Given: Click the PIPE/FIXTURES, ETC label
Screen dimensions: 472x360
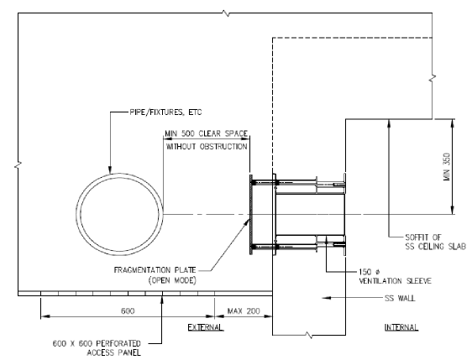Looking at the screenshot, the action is tap(165, 112).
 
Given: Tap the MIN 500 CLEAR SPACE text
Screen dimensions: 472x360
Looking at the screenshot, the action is tap(207, 133).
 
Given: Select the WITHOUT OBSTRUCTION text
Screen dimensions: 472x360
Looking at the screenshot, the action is tap(207, 147).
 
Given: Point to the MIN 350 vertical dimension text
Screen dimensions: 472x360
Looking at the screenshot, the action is tap(447, 167).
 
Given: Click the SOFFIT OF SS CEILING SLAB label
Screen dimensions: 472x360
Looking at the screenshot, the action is tap(435, 242).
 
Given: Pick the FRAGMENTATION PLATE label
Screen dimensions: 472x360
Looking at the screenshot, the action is tap(155, 269).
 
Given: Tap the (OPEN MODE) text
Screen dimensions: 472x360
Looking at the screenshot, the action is tap(172, 280).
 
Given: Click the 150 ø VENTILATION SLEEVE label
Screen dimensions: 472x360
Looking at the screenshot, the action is tap(395, 276).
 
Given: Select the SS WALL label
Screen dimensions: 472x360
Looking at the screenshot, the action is tap(400, 298).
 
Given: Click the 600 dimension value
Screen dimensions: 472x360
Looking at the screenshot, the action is tap(128, 310).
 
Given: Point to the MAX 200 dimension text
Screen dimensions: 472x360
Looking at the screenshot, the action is tap(244, 310).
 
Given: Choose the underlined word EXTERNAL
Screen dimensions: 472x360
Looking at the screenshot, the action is tap(206, 327).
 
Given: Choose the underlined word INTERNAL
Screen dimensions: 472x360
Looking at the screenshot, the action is tap(401, 327).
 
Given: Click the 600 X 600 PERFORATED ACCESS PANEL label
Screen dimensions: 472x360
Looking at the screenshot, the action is tap(97, 347).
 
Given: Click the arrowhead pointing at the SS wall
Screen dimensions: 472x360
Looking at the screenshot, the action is tap(327, 298).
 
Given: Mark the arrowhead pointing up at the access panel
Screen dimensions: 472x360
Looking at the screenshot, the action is tap(161, 300).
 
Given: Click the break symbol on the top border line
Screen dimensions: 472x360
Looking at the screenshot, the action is tap(227, 13).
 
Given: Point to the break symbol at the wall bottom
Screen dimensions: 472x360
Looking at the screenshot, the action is tap(309, 335).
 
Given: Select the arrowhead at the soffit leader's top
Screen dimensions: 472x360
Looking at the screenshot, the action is tap(389, 123).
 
